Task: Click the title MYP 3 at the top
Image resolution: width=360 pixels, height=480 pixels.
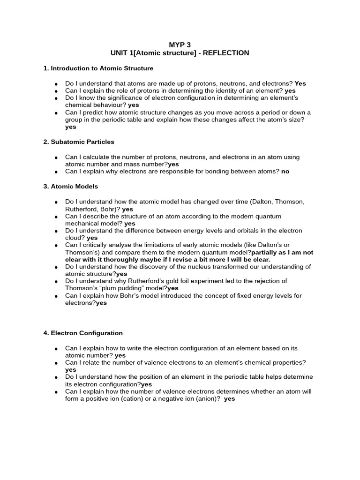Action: point(180,45)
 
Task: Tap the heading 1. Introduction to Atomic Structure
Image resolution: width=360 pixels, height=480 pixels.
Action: point(98,68)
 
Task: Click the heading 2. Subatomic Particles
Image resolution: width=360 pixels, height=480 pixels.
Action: point(79,142)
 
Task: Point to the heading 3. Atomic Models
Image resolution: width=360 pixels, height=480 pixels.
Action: point(71,187)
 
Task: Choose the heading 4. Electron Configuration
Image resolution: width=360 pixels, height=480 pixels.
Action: point(83,333)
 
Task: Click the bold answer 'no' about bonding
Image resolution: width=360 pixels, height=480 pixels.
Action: point(285,172)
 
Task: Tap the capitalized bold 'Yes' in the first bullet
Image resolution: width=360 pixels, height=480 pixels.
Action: point(300,83)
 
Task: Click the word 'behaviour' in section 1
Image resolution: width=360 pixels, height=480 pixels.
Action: point(110,105)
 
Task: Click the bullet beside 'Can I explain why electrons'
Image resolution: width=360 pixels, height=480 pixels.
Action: point(56,172)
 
